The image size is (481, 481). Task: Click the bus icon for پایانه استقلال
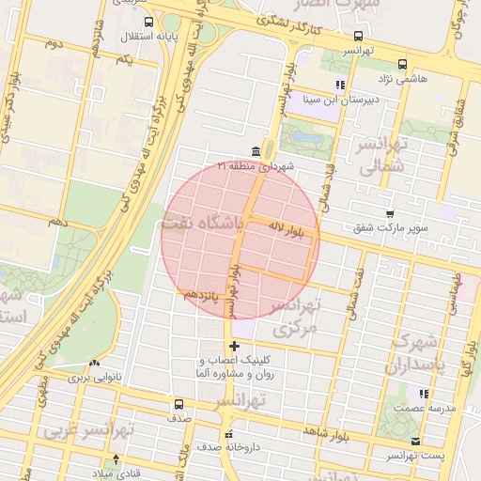point(126,37)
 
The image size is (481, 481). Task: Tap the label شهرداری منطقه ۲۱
point(256,166)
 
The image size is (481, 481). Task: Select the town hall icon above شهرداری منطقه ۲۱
point(256,152)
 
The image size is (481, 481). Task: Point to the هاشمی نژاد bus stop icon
point(402,65)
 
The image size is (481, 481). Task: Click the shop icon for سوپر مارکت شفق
point(390,215)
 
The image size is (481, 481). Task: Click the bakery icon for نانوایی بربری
point(93,364)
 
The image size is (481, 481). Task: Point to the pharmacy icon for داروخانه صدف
point(228,433)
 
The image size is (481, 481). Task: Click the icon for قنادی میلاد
point(116,458)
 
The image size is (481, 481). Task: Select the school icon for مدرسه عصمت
point(424,394)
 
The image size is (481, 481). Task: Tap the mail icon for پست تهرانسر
point(415,441)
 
